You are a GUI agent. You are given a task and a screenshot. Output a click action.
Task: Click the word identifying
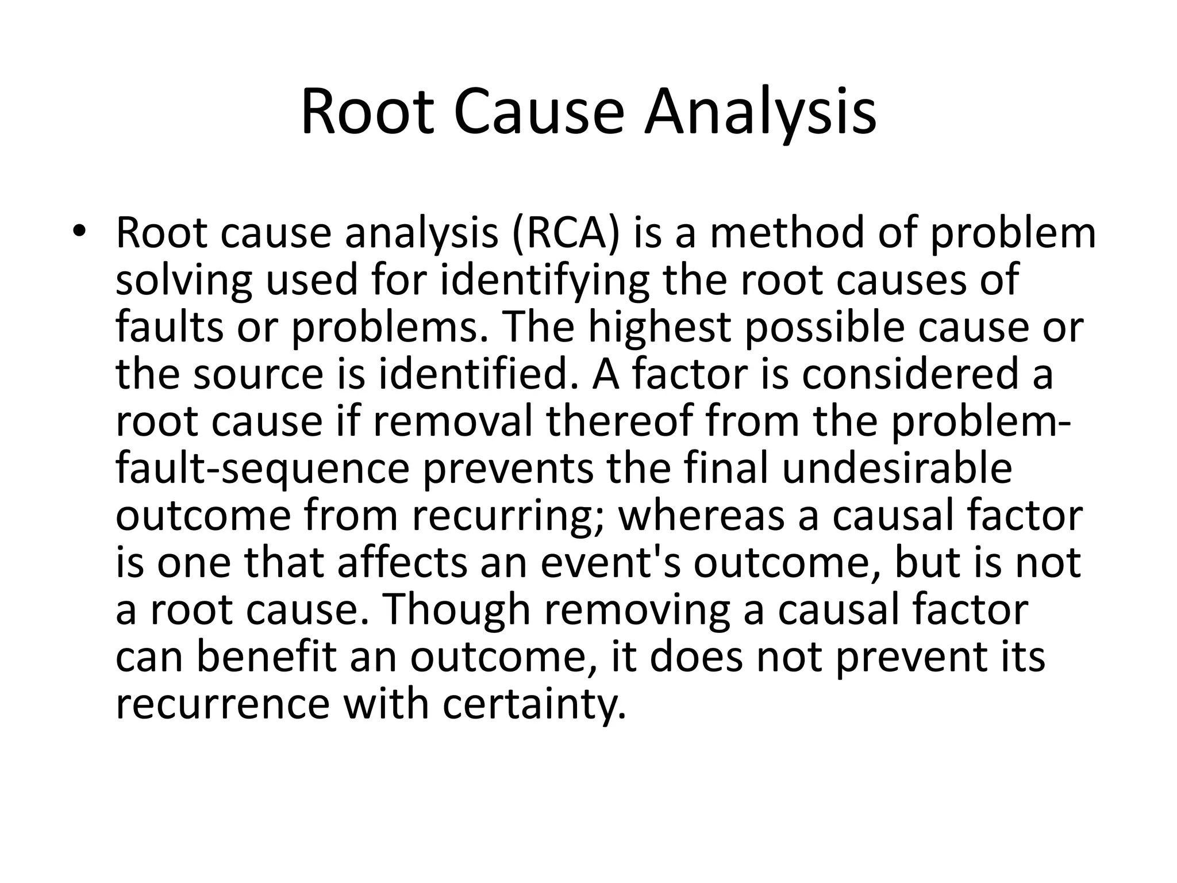point(545,281)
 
